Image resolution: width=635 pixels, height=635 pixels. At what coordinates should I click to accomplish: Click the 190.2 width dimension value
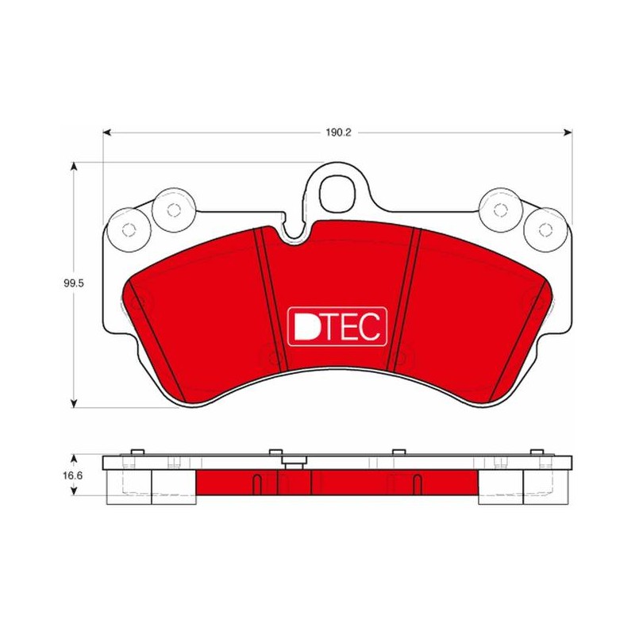[x=338, y=133]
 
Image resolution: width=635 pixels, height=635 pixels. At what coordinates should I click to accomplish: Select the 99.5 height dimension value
[x=73, y=283]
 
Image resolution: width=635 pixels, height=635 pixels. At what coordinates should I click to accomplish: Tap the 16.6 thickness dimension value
[x=72, y=475]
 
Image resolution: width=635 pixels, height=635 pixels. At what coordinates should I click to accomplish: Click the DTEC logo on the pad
[x=337, y=326]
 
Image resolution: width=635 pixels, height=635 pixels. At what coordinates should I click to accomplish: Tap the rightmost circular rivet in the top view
[x=545, y=230]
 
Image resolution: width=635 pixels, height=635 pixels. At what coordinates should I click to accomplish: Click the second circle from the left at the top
[x=174, y=210]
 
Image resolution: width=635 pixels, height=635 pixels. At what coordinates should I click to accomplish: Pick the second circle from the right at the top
[x=501, y=210]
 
